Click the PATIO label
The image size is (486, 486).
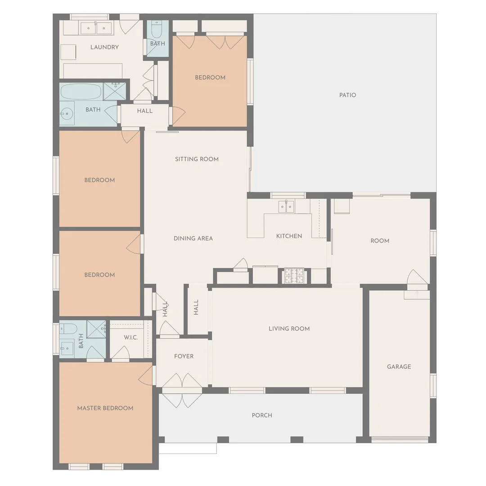coord(347,95)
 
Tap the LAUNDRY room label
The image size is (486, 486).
coord(104,47)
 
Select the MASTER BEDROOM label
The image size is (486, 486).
coord(105,408)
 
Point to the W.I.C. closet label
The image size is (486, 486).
coord(130,337)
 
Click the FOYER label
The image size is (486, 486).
coord(184,356)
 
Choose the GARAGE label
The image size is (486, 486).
coord(399,366)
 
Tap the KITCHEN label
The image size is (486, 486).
coord(289,236)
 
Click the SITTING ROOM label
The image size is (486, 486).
coord(197,159)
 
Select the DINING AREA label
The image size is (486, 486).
coord(193,238)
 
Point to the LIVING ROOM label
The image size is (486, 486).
coord(289,328)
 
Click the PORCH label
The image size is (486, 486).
coord(261,415)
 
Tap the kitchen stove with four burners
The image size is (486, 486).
coord(294,274)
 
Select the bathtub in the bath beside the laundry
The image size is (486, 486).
coord(81,92)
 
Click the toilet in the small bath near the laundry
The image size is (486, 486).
coord(156,31)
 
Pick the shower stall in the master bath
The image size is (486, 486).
coord(96,329)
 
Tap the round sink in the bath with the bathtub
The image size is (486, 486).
coord(67,113)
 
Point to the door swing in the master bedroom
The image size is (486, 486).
coord(146,374)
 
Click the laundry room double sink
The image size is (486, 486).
coord(96,28)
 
